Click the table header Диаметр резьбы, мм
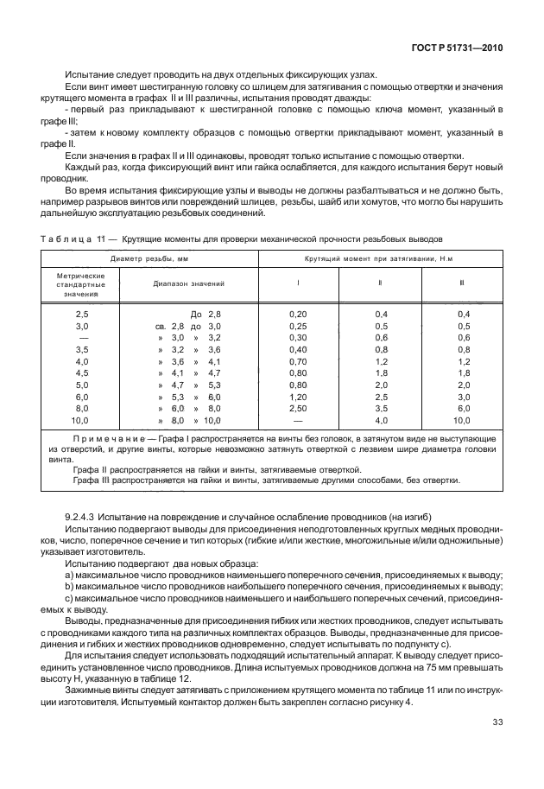[x=149, y=258]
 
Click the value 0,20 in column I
[x=298, y=315]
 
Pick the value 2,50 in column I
[x=298, y=408]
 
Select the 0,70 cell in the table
[x=298, y=361]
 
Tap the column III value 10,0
[x=462, y=420]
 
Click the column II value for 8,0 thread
[x=380, y=408]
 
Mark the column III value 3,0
[x=462, y=397]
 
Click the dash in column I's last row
[x=298, y=420]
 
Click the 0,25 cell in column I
[x=298, y=327]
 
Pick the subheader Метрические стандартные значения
[x=81, y=283]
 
